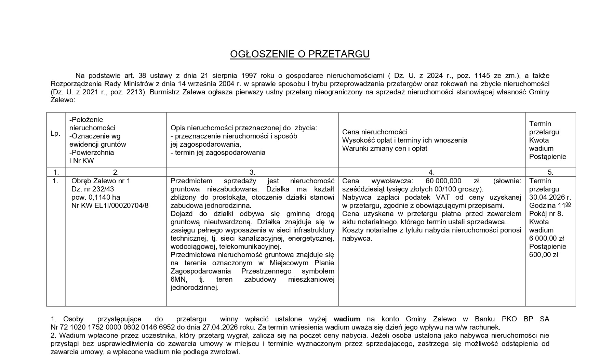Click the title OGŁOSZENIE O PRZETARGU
pyautogui.click(x=299, y=54)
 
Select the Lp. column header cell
pyautogui.click(x=55, y=134)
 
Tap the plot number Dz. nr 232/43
pyautogui.click(x=93, y=189)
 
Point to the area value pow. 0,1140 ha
pyautogui.click(x=96, y=197)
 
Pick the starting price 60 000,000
pyautogui.click(x=443, y=181)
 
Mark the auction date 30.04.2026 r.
pyautogui.click(x=550, y=197)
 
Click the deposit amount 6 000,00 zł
pyautogui.click(x=546, y=238)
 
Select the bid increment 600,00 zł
pyautogui.click(x=544, y=255)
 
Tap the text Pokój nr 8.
pyautogui.click(x=546, y=214)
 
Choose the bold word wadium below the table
pyautogui.click(x=347, y=319)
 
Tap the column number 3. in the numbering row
pyautogui.click(x=252, y=172)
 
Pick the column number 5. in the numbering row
pyautogui.click(x=550, y=172)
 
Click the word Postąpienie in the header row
pyautogui.click(x=548, y=157)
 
